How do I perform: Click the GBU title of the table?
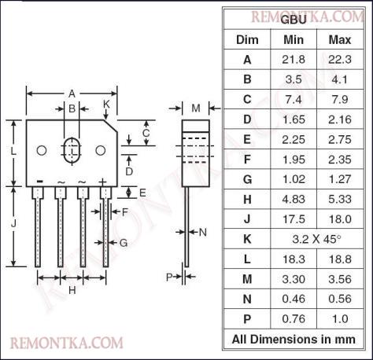(294, 20)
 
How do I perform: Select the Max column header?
(340, 40)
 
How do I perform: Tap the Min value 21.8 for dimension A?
(294, 60)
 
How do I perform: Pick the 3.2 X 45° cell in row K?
(316, 239)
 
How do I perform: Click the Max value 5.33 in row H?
(340, 199)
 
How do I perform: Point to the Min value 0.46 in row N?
(294, 299)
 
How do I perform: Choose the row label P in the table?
(247, 319)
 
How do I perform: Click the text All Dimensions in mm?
(294, 339)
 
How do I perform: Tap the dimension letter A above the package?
(72, 94)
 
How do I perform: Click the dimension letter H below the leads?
(72, 290)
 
